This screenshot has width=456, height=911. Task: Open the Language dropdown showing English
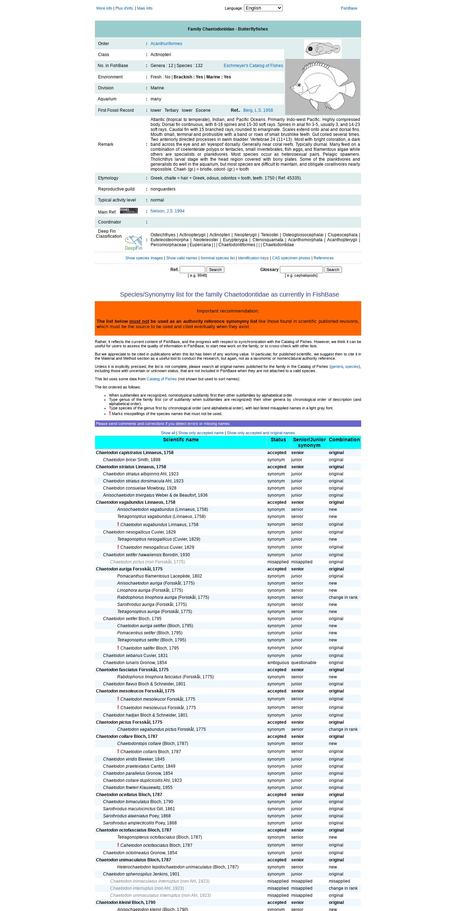pyautogui.click(x=263, y=8)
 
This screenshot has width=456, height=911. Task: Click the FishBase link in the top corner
pyautogui.click(x=349, y=8)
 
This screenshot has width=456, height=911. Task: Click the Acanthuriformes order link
pyautogui.click(x=166, y=44)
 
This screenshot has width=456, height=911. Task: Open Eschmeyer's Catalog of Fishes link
pyautogui.click(x=253, y=66)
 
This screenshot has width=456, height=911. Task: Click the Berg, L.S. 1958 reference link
pyautogui.click(x=258, y=110)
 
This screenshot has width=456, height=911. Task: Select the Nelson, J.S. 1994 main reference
pyautogui.click(x=167, y=211)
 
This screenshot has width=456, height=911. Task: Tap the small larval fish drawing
pyautogui.click(x=322, y=49)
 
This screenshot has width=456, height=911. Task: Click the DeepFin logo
pyautogui.click(x=134, y=243)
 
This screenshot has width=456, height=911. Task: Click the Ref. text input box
pyautogui.click(x=192, y=270)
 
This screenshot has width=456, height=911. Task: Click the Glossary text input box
pyautogui.click(x=301, y=270)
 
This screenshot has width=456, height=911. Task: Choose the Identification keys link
pyautogui.click(x=253, y=258)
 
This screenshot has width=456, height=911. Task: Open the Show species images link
pyautogui.click(x=144, y=258)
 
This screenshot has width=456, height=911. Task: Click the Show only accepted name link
pyautogui.click(x=201, y=433)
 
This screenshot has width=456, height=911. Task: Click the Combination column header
pyautogui.click(x=344, y=440)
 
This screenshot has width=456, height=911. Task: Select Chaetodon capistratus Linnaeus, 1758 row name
pyautogui.click(x=135, y=453)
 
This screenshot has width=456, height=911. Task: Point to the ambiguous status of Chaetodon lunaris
pyautogui.click(x=278, y=663)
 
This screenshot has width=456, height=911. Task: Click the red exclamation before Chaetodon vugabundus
pyautogui.click(x=118, y=524)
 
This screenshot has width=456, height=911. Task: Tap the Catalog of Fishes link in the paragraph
pyautogui.click(x=162, y=379)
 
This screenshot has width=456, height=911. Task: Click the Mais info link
pyautogui.click(x=145, y=8)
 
